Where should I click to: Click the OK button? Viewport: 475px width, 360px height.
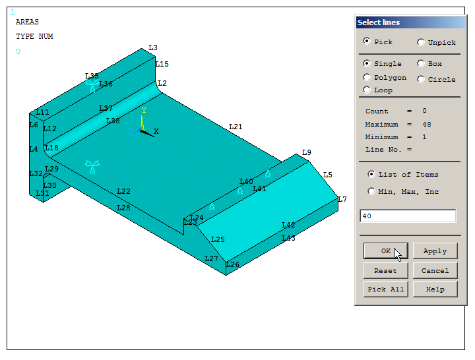click(385, 251)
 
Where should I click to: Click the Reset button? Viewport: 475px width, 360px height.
click(385, 270)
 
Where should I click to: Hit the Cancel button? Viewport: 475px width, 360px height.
click(435, 270)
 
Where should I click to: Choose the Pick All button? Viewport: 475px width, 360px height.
click(385, 289)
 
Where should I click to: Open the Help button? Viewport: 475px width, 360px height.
click(435, 289)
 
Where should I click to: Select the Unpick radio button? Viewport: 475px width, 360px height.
click(421, 42)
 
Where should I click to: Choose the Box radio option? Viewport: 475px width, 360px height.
click(421, 64)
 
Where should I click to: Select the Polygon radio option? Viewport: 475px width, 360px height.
click(367, 77)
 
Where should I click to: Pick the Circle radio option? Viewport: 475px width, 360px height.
click(421, 79)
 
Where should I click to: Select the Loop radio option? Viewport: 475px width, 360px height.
click(367, 90)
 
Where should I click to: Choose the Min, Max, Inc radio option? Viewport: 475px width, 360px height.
click(371, 191)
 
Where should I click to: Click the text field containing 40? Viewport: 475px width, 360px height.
click(408, 216)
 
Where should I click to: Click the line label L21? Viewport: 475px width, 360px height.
click(236, 127)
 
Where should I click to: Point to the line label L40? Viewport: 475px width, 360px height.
click(246, 181)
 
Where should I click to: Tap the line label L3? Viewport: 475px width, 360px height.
click(153, 47)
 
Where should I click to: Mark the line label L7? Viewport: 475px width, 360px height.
click(342, 199)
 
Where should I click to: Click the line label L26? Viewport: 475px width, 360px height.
click(233, 264)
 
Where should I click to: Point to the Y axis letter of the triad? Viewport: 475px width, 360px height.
click(144, 111)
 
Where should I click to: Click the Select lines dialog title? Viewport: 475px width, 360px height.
click(379, 22)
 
